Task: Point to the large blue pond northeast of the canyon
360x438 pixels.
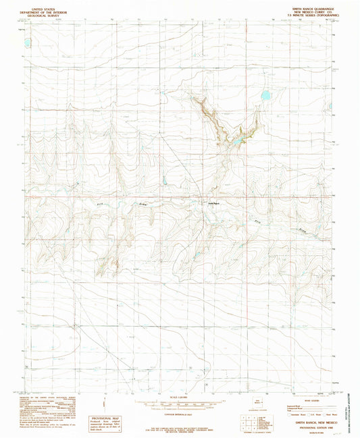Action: (265, 96)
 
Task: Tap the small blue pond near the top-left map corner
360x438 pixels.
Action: (27, 42)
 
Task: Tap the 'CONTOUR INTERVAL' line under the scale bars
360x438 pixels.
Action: (180, 411)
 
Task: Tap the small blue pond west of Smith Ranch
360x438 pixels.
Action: (163, 180)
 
